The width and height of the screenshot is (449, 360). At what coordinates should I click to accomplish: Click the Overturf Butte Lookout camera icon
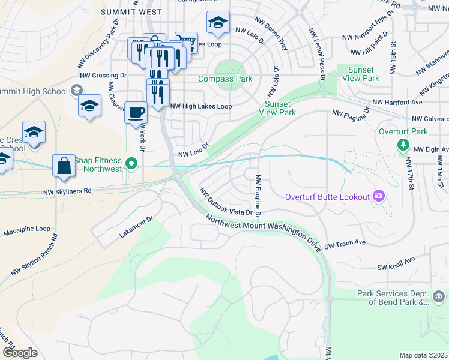(x=378, y=196)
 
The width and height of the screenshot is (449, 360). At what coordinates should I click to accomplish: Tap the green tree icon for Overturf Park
(x=402, y=145)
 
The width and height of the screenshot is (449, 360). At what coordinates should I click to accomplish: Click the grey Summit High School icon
(x=76, y=90)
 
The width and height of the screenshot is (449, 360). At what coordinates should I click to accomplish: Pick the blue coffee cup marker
(x=136, y=112)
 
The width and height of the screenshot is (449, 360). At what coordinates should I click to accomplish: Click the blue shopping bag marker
(x=64, y=166)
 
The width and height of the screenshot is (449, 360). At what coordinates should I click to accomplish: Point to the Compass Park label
(x=225, y=79)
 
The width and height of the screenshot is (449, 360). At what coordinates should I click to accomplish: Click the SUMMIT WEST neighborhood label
(x=131, y=12)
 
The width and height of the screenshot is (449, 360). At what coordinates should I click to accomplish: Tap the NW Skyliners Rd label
(x=67, y=191)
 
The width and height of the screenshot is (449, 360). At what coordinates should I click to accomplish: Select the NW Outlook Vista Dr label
(x=226, y=203)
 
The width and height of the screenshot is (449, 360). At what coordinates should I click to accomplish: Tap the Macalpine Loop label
(x=27, y=229)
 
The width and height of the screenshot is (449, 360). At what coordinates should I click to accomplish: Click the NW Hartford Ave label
(x=397, y=103)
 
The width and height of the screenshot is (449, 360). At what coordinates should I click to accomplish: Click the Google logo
(x=19, y=353)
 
